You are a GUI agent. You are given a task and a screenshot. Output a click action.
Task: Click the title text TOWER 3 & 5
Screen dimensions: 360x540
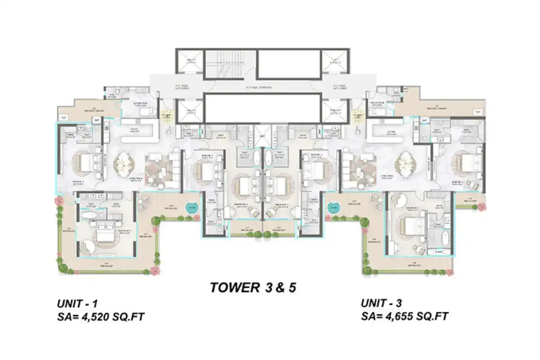(x=253, y=288)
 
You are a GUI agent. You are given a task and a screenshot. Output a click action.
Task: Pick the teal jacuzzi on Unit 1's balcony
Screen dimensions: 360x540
(x=191, y=208)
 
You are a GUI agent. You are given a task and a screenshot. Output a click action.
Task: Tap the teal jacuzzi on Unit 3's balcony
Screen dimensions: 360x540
(x=333, y=208)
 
